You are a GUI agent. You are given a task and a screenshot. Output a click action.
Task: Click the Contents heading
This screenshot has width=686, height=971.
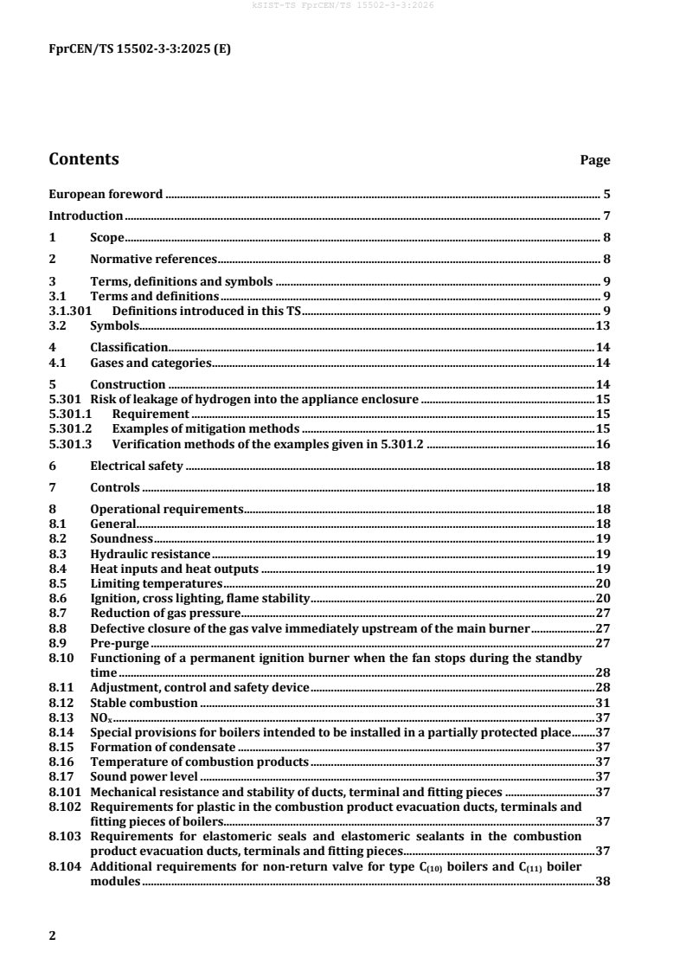click(84, 159)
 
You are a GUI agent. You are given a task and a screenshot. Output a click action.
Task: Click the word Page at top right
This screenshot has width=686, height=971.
click(594, 161)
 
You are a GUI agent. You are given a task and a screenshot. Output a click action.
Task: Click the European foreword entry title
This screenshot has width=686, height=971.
click(106, 194)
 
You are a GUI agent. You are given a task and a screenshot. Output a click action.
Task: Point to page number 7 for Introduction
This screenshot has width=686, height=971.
click(607, 215)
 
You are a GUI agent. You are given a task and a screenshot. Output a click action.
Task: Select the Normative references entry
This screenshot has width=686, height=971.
click(153, 259)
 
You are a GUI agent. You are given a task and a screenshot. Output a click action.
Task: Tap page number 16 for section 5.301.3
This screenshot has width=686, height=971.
click(604, 444)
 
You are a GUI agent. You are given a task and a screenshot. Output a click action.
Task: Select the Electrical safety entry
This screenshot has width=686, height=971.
click(136, 466)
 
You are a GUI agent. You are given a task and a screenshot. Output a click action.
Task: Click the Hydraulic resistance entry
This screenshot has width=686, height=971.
click(150, 553)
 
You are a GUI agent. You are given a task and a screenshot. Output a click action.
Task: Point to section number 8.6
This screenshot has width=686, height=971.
click(57, 598)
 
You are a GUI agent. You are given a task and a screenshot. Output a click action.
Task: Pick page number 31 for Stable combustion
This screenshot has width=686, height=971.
click(604, 703)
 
